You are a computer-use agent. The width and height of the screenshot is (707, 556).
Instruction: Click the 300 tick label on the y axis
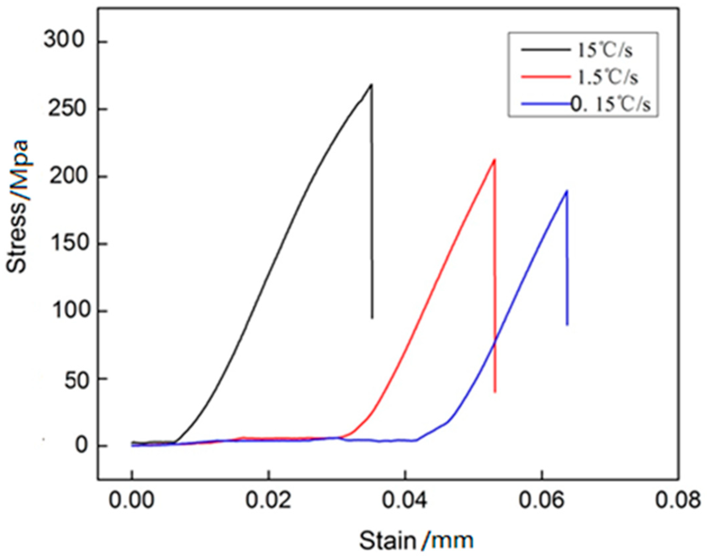[65, 42]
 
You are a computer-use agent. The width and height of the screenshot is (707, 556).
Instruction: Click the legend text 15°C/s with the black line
[605, 51]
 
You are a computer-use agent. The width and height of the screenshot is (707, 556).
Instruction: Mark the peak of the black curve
[371, 85]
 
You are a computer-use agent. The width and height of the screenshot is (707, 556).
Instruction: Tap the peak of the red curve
[494, 160]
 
